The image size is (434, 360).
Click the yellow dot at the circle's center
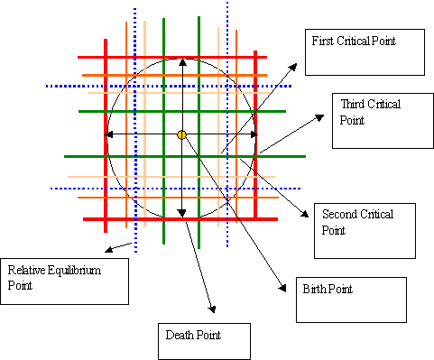181,134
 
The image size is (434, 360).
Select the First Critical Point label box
364,53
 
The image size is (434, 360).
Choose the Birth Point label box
352,300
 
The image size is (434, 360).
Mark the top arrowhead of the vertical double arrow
182,61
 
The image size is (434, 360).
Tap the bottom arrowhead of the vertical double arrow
182,214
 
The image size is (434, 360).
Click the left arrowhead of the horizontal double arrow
109,134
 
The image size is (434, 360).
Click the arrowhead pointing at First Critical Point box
295,65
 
